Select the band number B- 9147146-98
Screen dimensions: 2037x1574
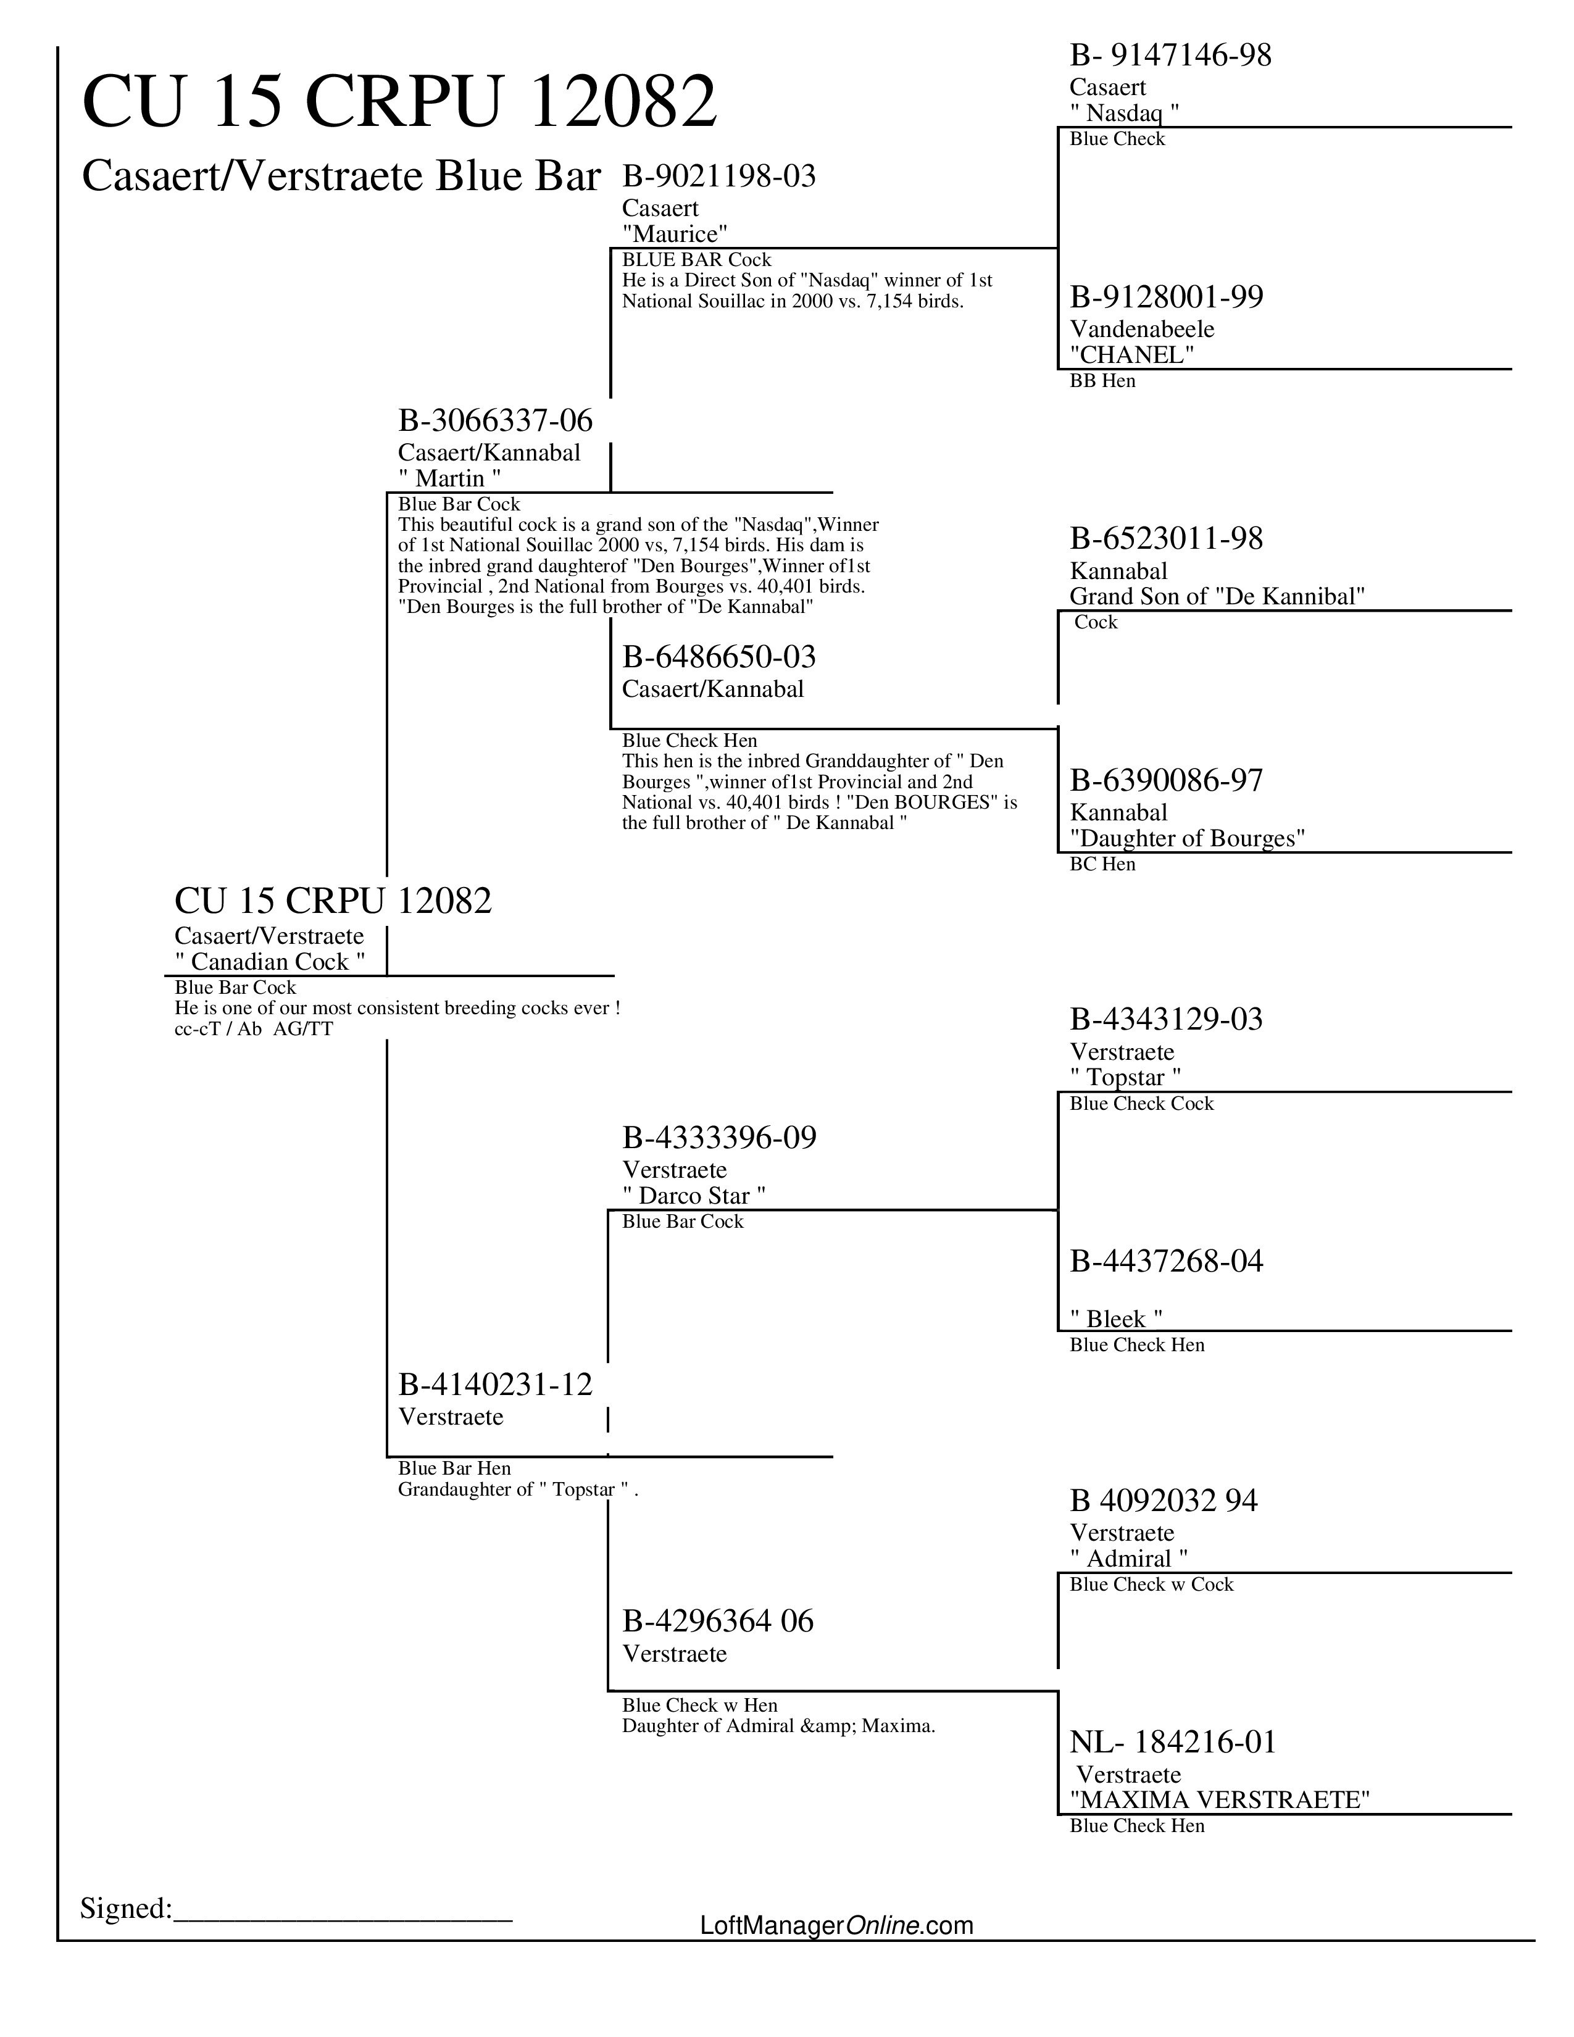click(1170, 56)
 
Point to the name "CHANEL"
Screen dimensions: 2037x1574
click(1132, 354)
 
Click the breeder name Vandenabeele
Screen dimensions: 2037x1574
click(1141, 329)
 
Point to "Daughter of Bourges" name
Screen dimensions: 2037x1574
click(1187, 838)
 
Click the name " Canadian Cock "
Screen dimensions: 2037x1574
click(270, 962)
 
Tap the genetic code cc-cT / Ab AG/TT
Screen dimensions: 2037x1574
click(254, 1030)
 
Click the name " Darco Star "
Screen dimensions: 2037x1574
click(694, 1196)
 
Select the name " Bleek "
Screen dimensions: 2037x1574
click(1116, 1319)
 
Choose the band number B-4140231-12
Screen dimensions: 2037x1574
click(495, 1385)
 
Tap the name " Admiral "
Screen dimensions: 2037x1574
click(1128, 1559)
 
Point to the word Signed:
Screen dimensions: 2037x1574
click(126, 1908)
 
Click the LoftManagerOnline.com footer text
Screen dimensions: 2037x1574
click(836, 1925)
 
